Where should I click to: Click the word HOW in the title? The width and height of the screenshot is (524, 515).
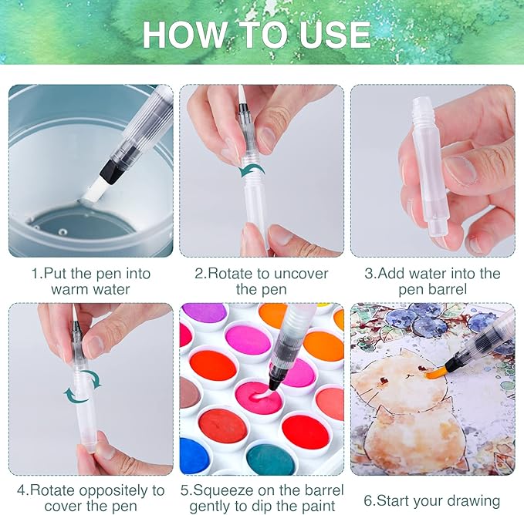point(184,35)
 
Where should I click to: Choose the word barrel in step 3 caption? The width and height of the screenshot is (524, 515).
point(448,289)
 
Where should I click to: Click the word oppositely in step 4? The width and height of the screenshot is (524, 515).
point(114,491)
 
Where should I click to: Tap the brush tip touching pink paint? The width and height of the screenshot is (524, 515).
point(274,386)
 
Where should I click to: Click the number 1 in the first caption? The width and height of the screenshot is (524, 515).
point(35,274)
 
